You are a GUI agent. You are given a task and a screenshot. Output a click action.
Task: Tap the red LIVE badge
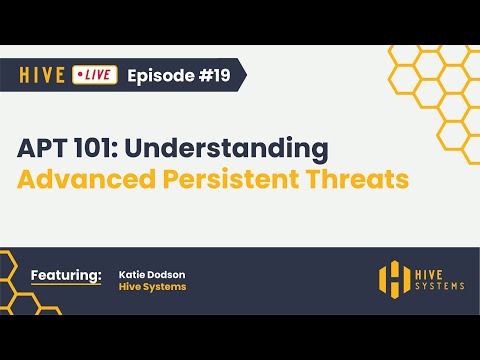point(96,75)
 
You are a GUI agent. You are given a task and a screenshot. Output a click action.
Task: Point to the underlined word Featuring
point(66,274)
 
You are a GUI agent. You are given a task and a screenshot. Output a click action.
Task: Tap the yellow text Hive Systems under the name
point(152,287)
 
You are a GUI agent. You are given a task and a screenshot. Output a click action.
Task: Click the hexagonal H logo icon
point(394,279)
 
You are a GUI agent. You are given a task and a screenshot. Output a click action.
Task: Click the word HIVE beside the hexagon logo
point(433,272)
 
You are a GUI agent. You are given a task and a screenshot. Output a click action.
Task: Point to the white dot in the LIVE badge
point(81,75)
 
